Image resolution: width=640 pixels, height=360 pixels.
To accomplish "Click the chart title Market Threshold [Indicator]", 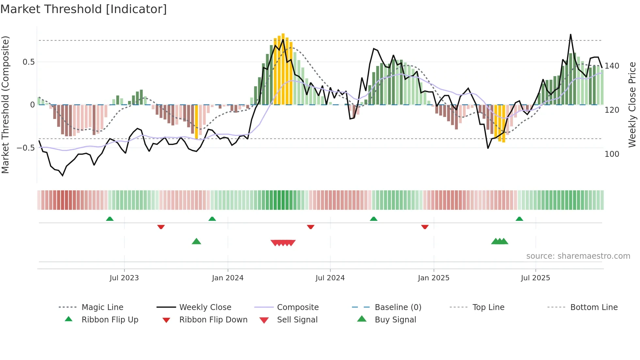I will tap(84, 9).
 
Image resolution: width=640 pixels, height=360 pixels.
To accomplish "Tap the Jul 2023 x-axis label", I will tap(124, 278).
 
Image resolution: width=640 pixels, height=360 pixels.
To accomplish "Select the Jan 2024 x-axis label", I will tap(228, 278).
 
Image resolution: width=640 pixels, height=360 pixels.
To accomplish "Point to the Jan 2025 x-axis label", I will tap(434, 278).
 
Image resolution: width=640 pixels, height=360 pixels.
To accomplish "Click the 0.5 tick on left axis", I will tap(28, 62).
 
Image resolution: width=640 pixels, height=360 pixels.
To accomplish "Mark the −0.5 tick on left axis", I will tap(26, 148).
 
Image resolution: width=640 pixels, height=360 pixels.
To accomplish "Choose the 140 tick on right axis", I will tap(612, 66).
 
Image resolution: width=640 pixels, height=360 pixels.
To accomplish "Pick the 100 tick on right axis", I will tap(612, 154).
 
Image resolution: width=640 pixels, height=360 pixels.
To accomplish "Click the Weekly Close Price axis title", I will tap(632, 105).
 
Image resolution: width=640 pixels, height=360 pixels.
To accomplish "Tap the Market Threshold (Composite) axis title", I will tap(5, 105).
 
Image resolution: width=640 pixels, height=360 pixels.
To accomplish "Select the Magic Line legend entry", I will tap(102, 307).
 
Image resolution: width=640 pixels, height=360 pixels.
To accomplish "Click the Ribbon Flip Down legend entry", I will tap(213, 320).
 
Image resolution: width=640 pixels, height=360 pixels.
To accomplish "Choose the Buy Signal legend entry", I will tap(395, 320).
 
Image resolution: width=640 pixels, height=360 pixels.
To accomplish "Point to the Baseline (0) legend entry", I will tap(398, 307).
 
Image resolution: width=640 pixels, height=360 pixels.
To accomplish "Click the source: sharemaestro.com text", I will tap(578, 256).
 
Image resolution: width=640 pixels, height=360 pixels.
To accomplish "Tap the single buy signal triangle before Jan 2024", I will tap(196, 242).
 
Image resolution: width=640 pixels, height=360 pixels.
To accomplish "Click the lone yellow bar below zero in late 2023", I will tap(196, 122).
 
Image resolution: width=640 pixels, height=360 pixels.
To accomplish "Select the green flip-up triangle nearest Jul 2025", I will tap(519, 219).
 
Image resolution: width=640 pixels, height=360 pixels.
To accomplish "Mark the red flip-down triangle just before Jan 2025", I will tap(424, 227).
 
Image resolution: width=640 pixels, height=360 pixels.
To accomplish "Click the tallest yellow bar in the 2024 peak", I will tap(283, 69).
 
